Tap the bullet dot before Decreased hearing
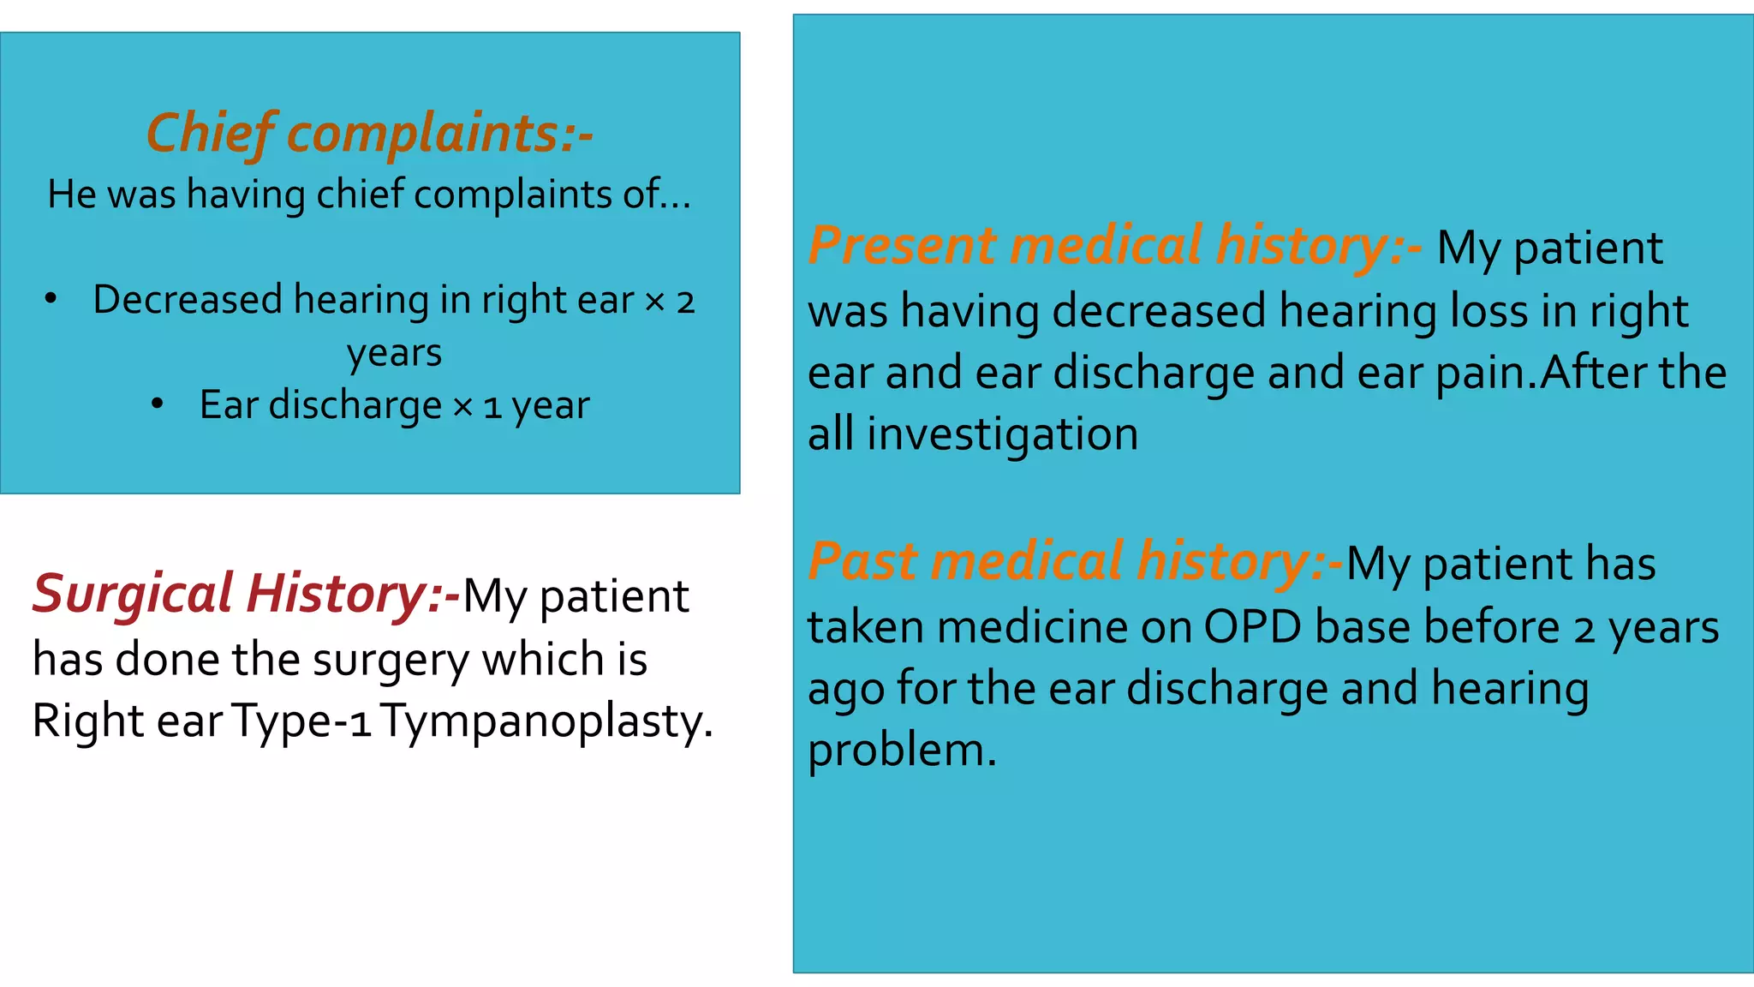51,297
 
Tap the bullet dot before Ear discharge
157,403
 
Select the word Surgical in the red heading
133,594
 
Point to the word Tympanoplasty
546,721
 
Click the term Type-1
301,721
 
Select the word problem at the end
902,751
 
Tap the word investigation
1002,434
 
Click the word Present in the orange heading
902,245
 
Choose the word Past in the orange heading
862,562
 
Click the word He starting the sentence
72,194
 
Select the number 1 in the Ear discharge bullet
492,406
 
